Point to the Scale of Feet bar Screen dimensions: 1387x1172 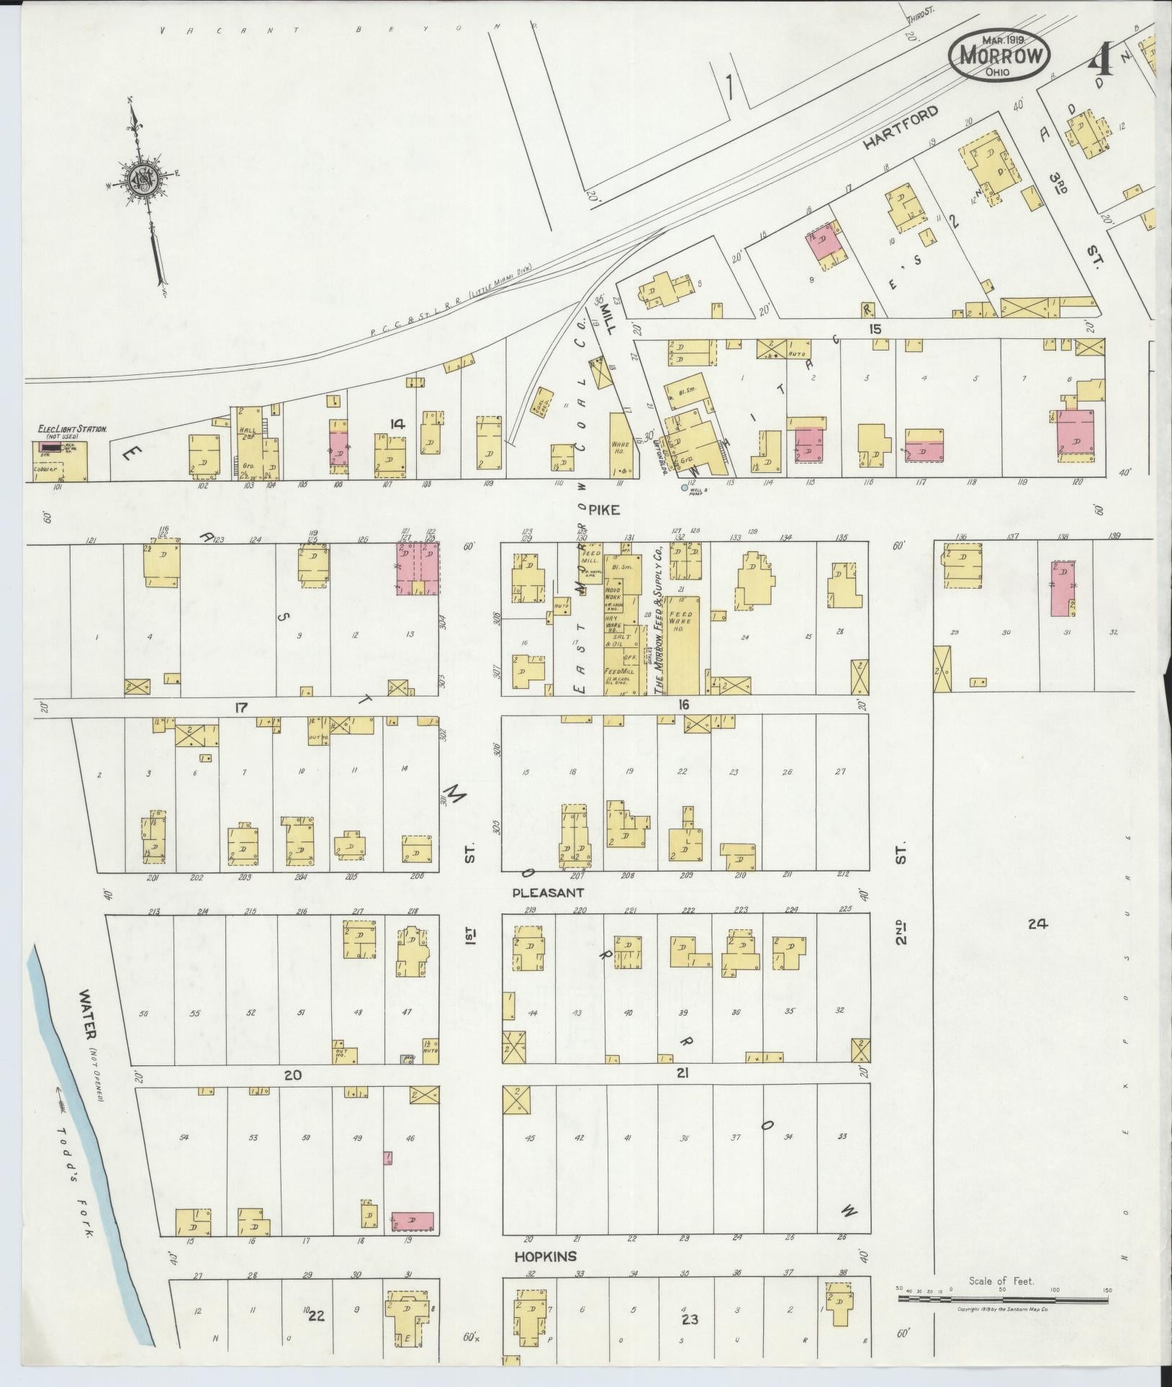[1001, 1300]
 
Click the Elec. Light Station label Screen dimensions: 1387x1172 [73, 430]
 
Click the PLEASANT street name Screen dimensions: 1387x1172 [547, 893]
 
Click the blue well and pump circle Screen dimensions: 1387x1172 [684, 487]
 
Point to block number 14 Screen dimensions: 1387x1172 [397, 424]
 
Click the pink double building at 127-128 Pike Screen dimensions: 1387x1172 [418, 568]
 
